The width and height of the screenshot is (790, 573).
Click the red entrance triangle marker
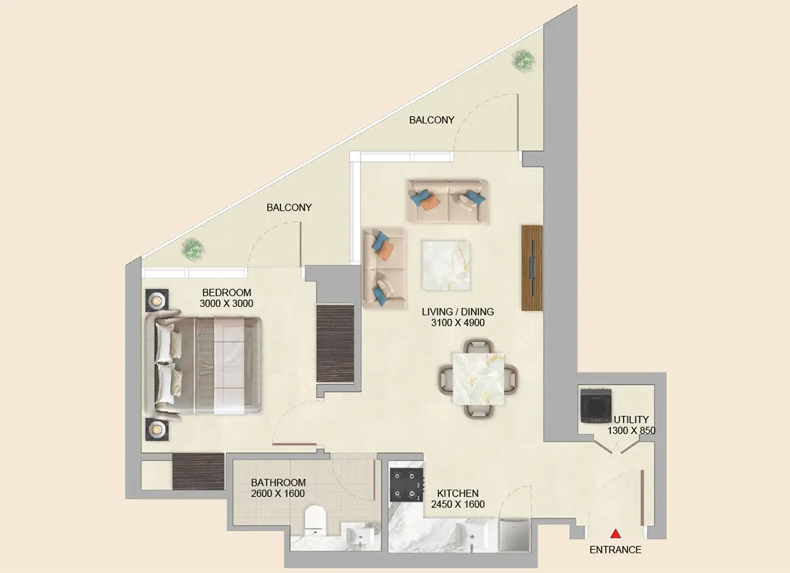point(615,534)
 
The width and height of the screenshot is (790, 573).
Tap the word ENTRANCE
point(615,550)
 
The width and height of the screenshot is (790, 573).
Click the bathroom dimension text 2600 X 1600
point(278,493)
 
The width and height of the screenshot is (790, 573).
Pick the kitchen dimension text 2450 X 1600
point(457,504)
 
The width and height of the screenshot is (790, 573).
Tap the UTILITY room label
point(631,420)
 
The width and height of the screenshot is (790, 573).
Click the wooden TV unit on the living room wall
point(531,267)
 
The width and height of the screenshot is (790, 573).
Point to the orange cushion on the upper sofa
point(431,202)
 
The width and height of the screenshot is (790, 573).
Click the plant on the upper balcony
point(524,60)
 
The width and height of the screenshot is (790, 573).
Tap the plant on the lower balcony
point(192,248)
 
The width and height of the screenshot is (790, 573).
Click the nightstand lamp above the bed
point(155,299)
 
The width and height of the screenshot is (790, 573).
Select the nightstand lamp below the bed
point(155,430)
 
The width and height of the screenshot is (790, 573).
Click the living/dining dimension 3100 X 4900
point(457,323)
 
